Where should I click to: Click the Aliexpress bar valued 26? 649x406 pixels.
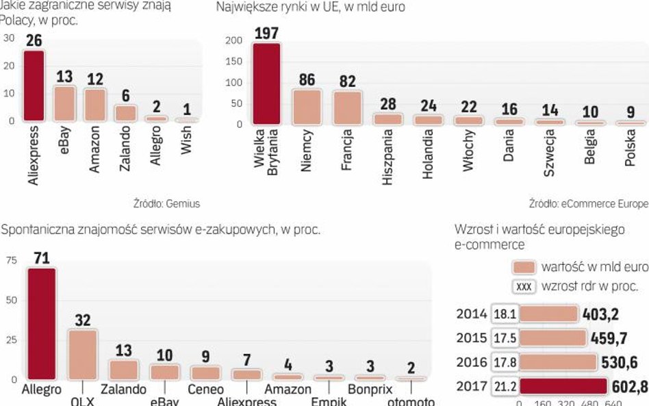35,86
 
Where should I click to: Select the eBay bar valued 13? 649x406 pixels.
64,103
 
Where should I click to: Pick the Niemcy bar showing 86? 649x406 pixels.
306,106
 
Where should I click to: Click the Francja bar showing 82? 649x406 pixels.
347,107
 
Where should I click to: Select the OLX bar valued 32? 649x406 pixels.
82,353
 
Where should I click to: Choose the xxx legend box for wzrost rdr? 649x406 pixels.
524,287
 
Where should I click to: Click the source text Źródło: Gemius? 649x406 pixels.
166,203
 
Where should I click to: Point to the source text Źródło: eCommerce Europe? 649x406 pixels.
587,203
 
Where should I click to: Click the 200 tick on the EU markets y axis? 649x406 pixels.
233,40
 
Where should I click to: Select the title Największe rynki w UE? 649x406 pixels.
310,8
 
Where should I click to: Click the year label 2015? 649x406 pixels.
471,338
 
